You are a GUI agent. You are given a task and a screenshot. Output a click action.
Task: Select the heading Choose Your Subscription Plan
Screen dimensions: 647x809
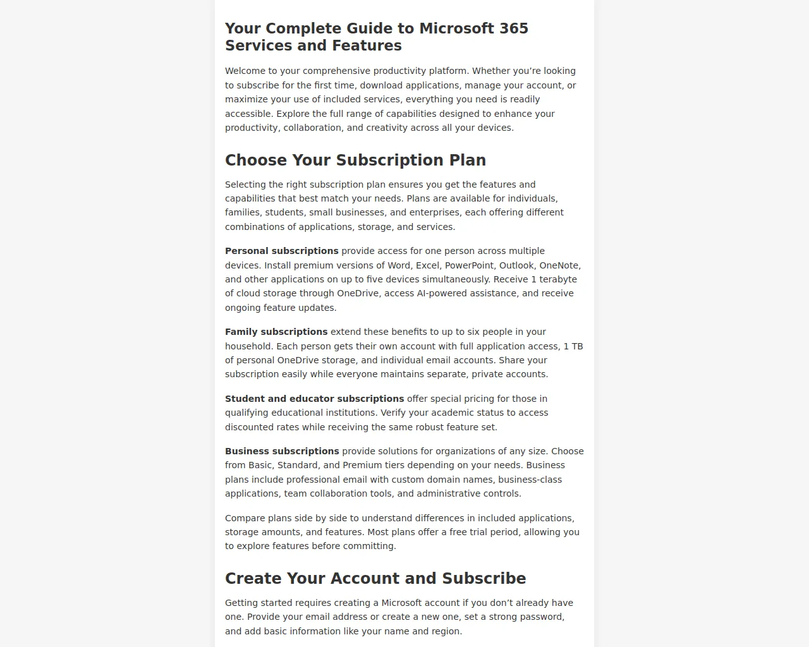355,160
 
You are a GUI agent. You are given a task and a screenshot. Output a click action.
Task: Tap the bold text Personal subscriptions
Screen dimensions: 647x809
281,251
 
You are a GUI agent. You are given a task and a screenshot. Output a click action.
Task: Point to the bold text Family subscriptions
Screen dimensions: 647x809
276,332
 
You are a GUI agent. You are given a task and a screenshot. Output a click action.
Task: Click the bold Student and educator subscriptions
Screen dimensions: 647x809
314,399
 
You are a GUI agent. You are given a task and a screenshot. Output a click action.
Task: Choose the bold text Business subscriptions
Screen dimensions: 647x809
282,451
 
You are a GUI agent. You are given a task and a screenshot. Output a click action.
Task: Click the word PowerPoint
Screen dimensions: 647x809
469,265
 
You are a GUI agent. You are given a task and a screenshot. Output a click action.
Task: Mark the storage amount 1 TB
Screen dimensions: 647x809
573,346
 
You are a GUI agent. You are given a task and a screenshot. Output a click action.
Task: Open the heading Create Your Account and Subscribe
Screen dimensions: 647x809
375,578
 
